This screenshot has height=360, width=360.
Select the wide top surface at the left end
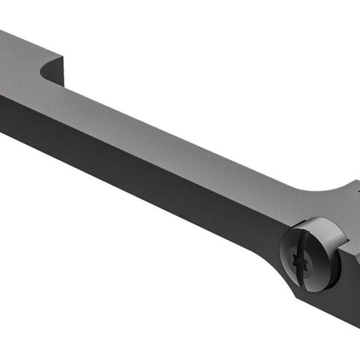pos(23,63)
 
